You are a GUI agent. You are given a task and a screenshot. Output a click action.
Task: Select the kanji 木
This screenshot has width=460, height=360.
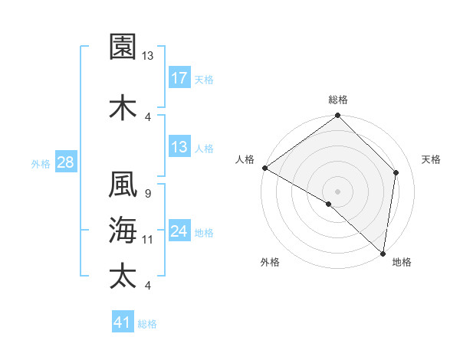tap(123, 108)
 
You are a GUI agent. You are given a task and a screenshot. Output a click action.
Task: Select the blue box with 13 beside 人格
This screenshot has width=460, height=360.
tap(179, 147)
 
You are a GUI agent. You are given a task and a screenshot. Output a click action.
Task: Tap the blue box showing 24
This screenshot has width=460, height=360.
tap(179, 231)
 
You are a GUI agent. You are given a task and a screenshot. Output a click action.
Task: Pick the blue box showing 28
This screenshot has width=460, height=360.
tap(65, 162)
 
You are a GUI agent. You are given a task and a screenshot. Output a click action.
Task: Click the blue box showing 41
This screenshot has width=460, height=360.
tap(123, 322)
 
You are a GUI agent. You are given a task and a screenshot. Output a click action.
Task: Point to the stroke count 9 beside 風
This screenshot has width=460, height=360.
tap(147, 194)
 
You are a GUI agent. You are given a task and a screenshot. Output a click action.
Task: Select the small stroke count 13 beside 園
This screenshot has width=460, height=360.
tap(148, 56)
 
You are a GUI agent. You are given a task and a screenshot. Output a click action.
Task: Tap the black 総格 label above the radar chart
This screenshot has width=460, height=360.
tap(338, 100)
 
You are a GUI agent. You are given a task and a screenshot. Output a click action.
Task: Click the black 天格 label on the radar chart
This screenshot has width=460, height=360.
tap(432, 159)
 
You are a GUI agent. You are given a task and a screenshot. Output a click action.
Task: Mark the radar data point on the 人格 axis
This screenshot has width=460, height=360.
tap(264, 168)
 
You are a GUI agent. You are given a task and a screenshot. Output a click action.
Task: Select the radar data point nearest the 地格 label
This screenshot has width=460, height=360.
tap(383, 253)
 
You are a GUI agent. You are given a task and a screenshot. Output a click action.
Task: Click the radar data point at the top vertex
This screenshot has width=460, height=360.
tap(338, 116)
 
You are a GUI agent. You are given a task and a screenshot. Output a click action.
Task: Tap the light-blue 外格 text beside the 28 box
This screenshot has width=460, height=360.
tap(41, 163)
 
